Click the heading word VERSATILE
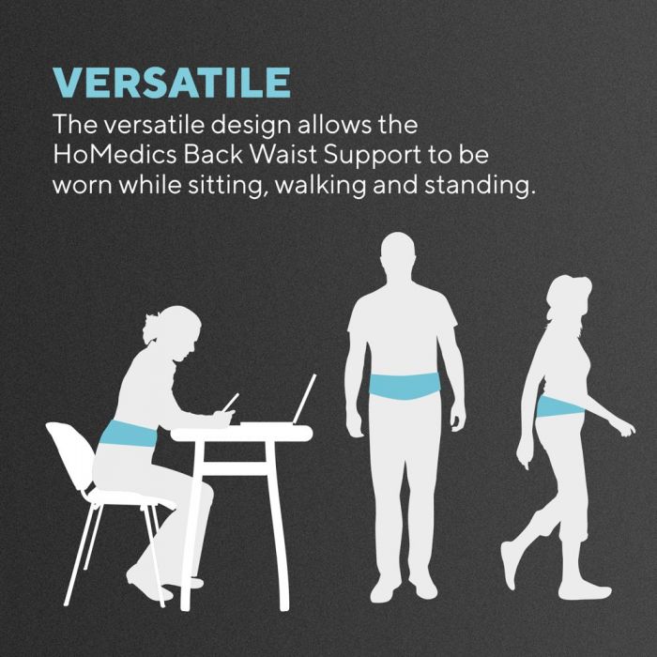[172, 82]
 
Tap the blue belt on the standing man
[405, 386]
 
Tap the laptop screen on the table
[304, 399]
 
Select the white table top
[240, 434]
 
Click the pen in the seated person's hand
[230, 402]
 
